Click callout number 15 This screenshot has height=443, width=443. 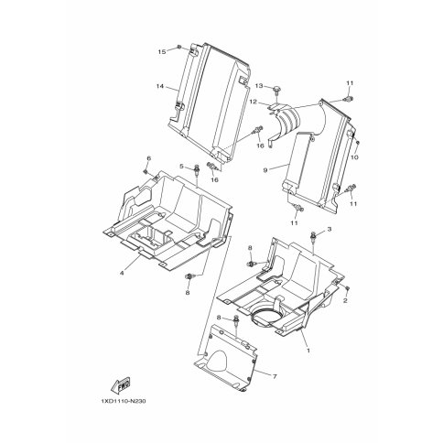pos(162,52)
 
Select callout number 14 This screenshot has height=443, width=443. pos(160,86)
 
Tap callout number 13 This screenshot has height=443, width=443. pos(259,86)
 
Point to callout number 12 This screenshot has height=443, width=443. pos(254,102)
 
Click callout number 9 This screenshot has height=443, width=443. pos(265,170)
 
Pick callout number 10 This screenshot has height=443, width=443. pos(356,157)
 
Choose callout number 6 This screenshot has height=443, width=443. pos(149,158)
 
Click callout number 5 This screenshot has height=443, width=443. pos(181,167)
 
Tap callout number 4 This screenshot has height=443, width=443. pos(122,274)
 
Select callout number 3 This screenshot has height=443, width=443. pos(330,229)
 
